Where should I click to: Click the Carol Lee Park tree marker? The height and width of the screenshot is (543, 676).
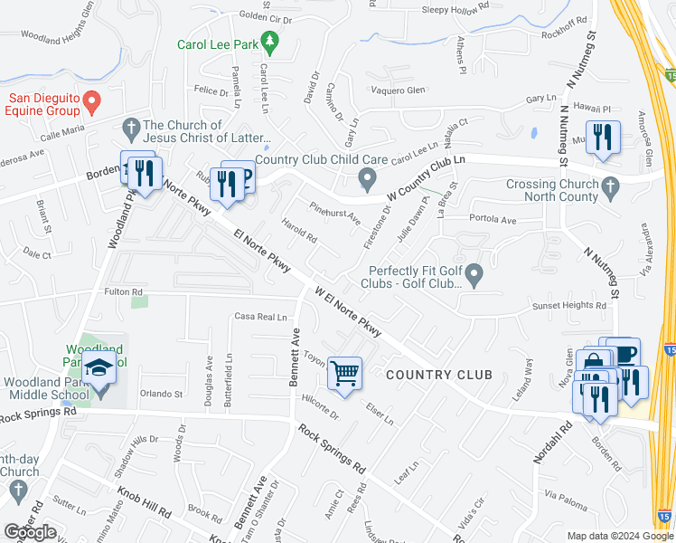click(x=268, y=43)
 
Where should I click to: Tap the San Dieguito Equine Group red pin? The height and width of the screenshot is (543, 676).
click(x=91, y=100)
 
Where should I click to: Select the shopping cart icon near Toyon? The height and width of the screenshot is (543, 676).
click(x=344, y=372)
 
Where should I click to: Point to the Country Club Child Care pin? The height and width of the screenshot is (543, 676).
click(x=366, y=178)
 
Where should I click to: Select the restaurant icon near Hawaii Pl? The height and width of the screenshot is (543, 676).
click(x=599, y=138)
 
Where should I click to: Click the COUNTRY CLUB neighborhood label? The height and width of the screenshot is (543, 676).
click(x=439, y=375)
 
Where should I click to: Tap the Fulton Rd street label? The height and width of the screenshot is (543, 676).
click(x=124, y=291)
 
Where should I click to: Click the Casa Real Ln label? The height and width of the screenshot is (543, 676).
click(x=260, y=317)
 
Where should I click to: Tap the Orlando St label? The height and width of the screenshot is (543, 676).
click(x=161, y=395)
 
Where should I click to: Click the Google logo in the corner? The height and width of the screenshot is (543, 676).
click(x=30, y=532)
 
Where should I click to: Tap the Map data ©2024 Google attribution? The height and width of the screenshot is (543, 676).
click(x=619, y=536)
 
